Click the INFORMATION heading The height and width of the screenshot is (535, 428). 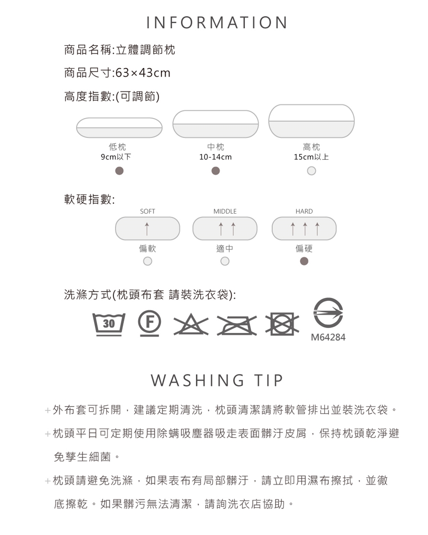[217, 22]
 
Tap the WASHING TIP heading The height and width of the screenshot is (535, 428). [217, 380]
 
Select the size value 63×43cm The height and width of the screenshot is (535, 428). [143, 73]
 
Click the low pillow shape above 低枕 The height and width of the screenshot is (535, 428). [119, 128]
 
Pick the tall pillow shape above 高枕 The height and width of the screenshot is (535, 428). [311, 121]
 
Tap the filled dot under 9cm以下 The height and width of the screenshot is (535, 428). [119, 171]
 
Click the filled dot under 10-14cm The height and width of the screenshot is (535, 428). [216, 171]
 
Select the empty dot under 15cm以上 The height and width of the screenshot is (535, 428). [311, 171]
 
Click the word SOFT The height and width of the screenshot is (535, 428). [148, 211]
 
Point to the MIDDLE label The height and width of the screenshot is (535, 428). [225, 211]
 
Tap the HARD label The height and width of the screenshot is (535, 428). [304, 211]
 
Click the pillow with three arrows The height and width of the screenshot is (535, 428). [304, 228]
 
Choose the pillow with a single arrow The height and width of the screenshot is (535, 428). [148, 228]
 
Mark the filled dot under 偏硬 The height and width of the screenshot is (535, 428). [304, 261]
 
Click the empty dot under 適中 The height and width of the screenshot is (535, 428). [225, 261]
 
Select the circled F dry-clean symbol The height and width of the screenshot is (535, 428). [149, 323]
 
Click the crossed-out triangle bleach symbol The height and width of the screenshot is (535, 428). [191, 324]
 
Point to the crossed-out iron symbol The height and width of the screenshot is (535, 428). [237, 325]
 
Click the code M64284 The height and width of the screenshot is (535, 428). [328, 337]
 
